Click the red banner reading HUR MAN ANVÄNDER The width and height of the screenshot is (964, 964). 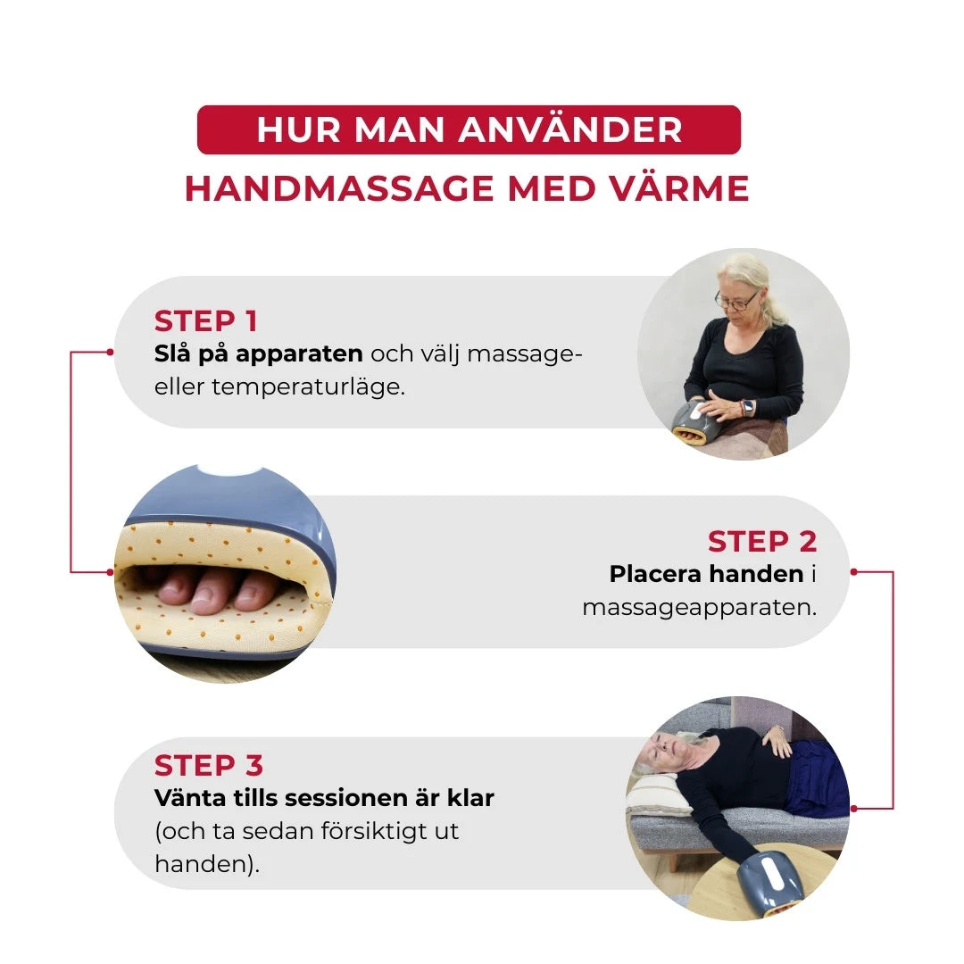click(x=469, y=129)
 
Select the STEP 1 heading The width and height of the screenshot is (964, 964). click(x=205, y=321)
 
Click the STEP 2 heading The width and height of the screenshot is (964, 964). click(x=762, y=542)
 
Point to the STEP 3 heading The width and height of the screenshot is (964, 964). click(x=209, y=766)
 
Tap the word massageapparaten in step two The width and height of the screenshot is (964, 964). click(x=699, y=608)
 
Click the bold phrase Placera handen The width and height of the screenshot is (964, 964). click(x=706, y=574)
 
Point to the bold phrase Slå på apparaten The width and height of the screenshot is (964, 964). click(x=258, y=353)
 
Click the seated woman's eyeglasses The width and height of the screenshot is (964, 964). click(x=735, y=302)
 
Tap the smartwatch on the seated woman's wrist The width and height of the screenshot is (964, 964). click(x=747, y=407)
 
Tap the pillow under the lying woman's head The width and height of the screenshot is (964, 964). click(x=658, y=794)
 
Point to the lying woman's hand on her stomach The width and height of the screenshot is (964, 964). click(x=777, y=741)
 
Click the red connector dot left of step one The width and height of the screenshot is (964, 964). click(x=110, y=352)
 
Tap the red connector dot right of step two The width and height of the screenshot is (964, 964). click(x=853, y=571)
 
